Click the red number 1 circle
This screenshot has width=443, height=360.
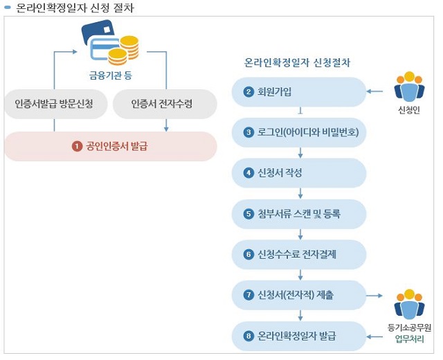point(78,147)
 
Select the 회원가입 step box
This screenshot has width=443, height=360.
point(299,91)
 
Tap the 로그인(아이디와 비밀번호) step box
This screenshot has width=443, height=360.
point(299,132)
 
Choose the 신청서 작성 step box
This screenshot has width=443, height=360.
point(299,172)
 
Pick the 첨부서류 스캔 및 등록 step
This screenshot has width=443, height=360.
point(299,214)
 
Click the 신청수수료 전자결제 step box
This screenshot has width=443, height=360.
point(299,254)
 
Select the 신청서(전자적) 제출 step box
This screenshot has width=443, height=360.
point(299,296)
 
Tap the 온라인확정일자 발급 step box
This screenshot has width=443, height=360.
point(299,336)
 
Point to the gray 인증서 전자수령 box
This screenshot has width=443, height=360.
point(164,105)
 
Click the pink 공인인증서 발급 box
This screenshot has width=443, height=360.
point(111,147)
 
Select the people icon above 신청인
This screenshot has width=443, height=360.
point(408,86)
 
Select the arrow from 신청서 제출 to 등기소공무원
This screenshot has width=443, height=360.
point(378,296)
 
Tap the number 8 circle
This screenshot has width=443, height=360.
point(248,336)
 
